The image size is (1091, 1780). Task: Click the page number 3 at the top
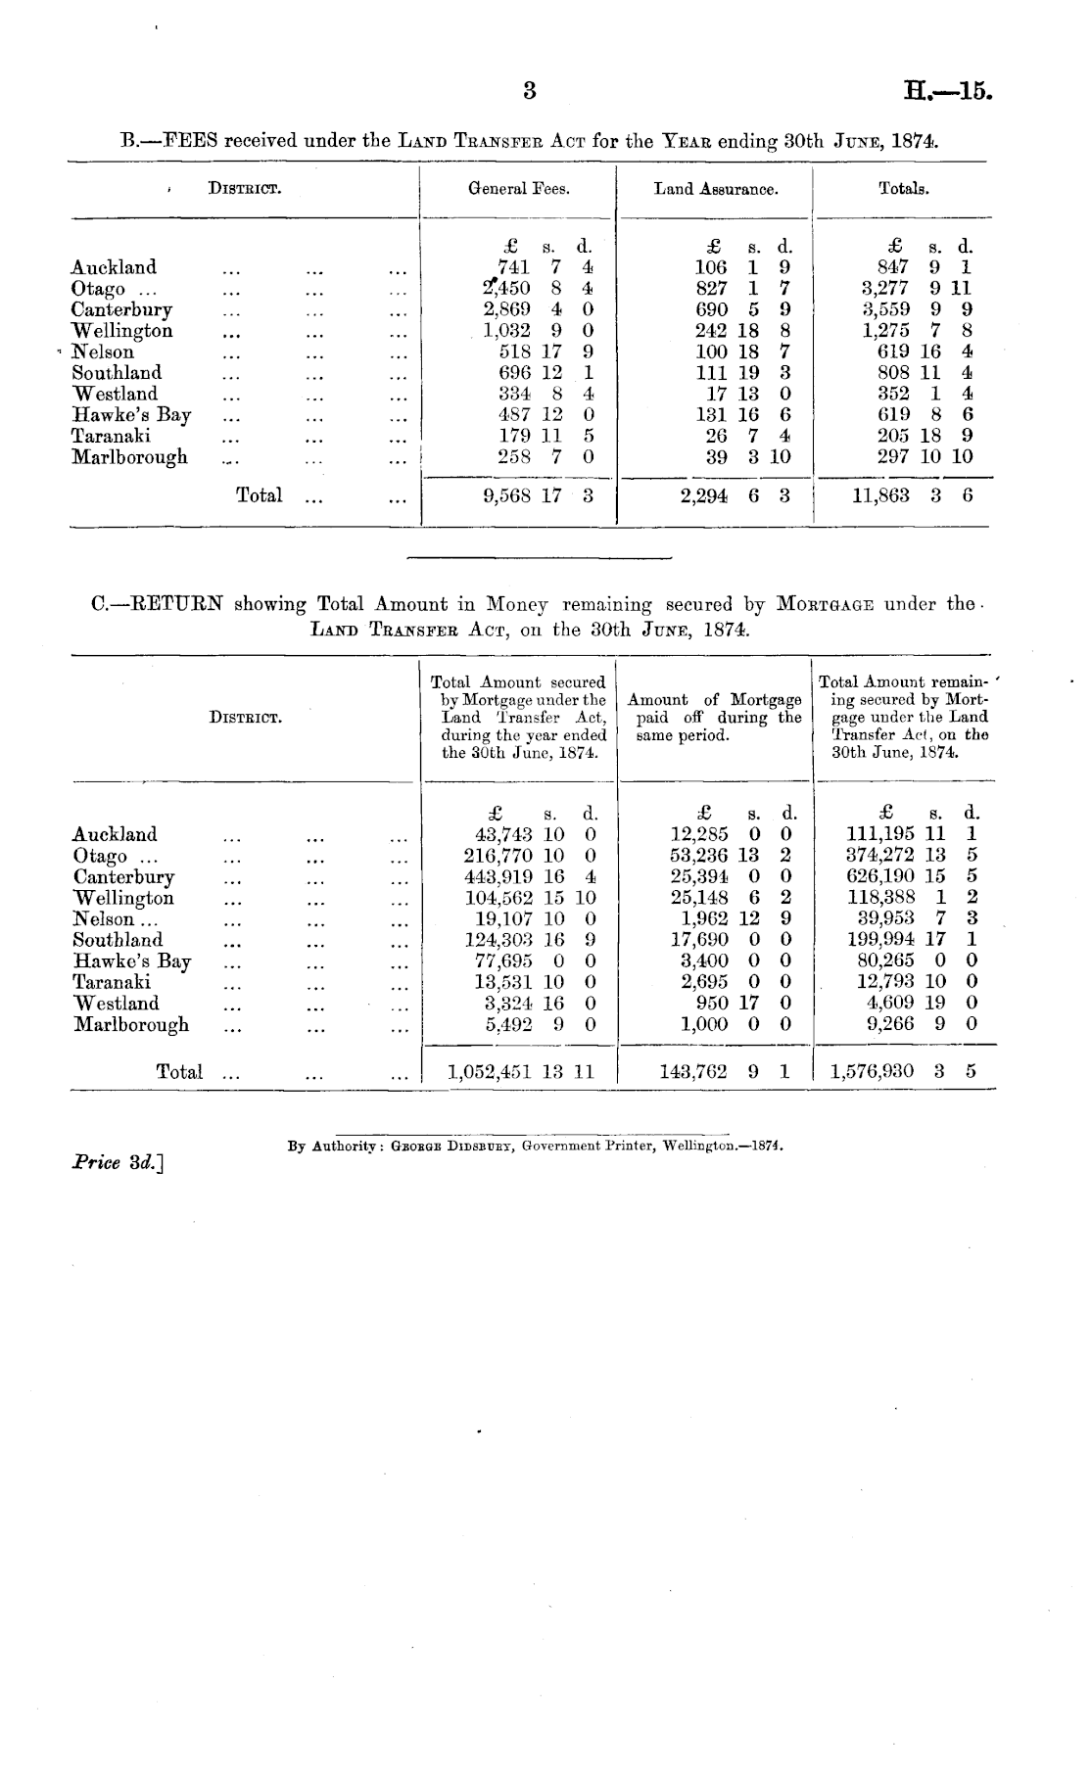tap(530, 91)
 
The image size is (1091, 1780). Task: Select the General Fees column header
tap(519, 189)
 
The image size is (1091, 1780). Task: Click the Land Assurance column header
tap(716, 189)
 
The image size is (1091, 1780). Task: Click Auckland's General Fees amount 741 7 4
tap(545, 267)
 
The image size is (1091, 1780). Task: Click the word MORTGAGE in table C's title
tap(828, 605)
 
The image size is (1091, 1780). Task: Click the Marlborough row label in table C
tap(131, 1025)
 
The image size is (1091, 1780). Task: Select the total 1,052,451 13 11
tap(520, 1072)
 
